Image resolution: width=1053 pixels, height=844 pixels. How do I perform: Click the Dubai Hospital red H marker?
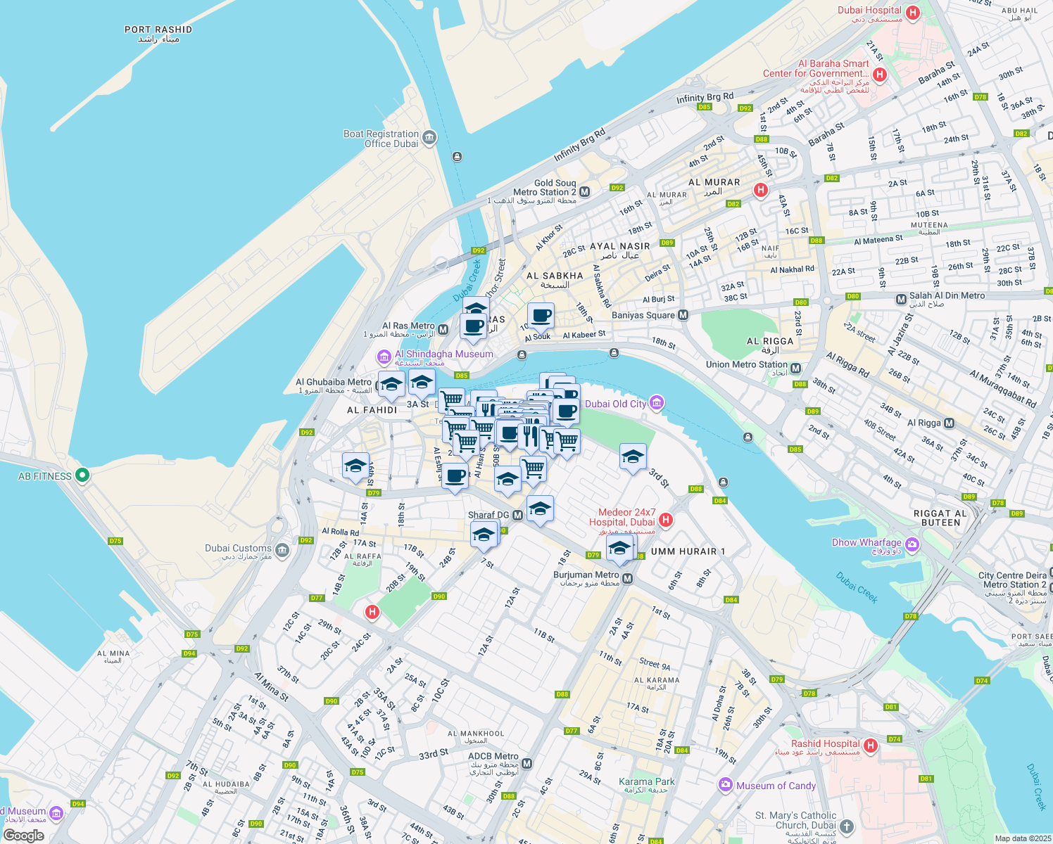(x=913, y=13)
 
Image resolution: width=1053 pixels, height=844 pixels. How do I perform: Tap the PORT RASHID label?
(x=158, y=30)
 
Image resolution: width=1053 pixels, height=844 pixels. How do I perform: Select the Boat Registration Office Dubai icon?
(x=429, y=137)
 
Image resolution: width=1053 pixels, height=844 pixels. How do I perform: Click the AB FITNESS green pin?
(x=82, y=475)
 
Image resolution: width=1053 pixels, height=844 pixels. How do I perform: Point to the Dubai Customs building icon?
(x=282, y=550)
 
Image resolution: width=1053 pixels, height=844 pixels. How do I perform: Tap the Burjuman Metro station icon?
(x=628, y=578)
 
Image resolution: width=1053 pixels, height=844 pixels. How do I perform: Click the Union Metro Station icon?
(x=795, y=369)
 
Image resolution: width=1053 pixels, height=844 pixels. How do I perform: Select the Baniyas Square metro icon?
(x=683, y=315)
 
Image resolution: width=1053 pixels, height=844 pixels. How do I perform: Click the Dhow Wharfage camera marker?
(x=912, y=544)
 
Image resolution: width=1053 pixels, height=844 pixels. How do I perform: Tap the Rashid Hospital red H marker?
(x=871, y=746)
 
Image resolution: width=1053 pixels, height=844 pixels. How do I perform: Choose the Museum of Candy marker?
(x=726, y=785)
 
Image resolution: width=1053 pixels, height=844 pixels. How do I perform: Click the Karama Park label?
(x=646, y=781)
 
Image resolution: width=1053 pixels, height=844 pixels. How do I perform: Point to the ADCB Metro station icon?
(x=527, y=763)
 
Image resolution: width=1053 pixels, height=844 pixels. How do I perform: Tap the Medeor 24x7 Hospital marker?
(x=666, y=520)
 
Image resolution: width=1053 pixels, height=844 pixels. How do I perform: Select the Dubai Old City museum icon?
(x=656, y=402)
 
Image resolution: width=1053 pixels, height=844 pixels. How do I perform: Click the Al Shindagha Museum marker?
(x=384, y=356)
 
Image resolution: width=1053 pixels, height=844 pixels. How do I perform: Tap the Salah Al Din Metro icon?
(x=901, y=300)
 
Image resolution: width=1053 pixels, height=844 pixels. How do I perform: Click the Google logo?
(x=23, y=835)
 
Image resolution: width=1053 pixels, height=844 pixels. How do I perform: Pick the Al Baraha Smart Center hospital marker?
(x=878, y=75)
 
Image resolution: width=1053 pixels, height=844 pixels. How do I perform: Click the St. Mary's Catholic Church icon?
(x=847, y=826)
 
